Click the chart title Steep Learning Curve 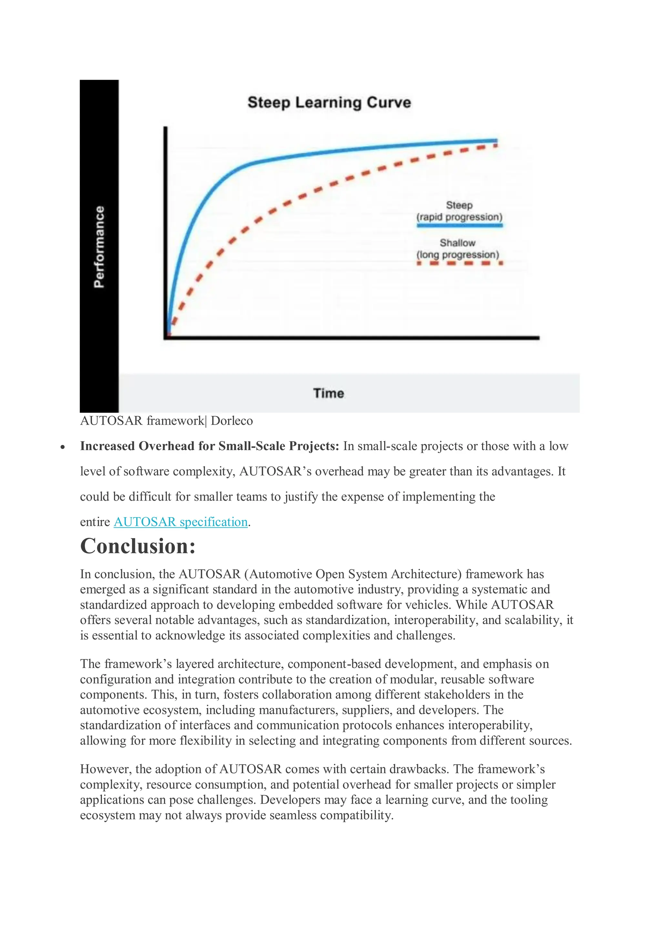pyautogui.click(x=329, y=103)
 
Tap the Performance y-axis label pyautogui.click(x=99, y=247)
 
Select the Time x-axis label pyautogui.click(x=328, y=393)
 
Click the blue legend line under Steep pyautogui.click(x=459, y=225)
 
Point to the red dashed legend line pyautogui.click(x=459, y=263)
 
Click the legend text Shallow pyautogui.click(x=457, y=243)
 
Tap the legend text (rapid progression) pyautogui.click(x=459, y=217)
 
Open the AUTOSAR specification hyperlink pyautogui.click(x=180, y=522)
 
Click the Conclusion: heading pyautogui.click(x=138, y=546)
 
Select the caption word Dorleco pyautogui.click(x=232, y=421)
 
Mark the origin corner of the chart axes pyautogui.click(x=166, y=337)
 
